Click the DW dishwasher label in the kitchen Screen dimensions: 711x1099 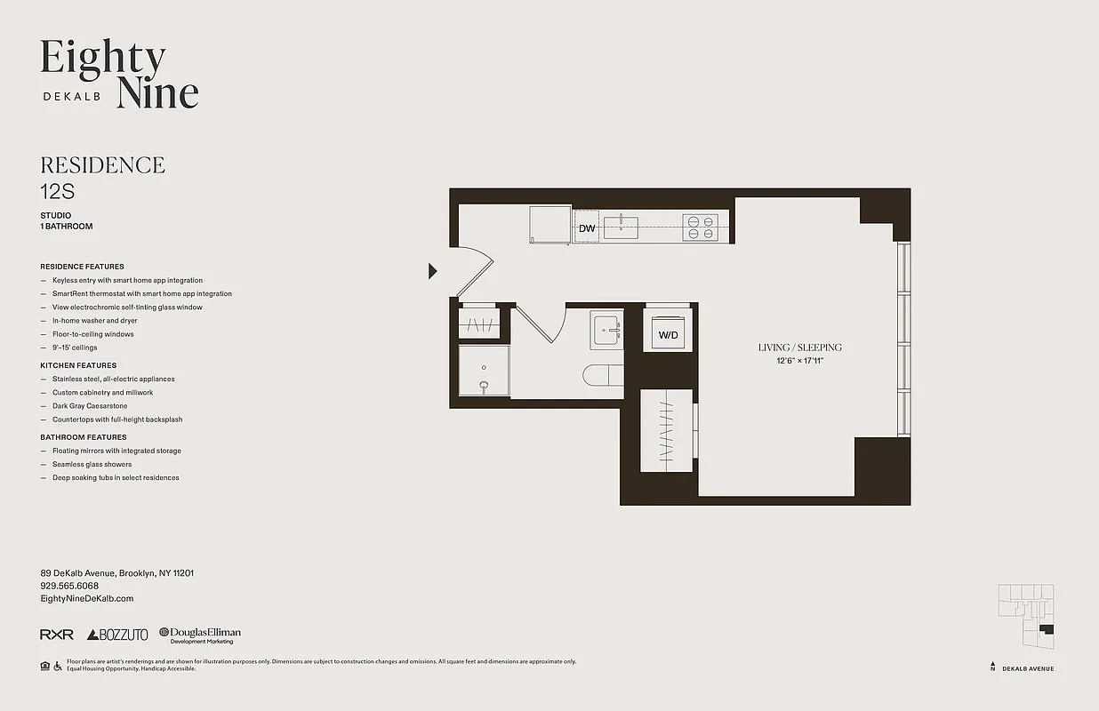587,228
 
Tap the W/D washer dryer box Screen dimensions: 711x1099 667,335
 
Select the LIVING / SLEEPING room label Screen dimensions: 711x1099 799,348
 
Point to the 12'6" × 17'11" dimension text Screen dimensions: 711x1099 799,360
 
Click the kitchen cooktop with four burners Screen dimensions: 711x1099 700,228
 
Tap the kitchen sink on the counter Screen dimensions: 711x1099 622,228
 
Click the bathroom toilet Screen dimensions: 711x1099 602,375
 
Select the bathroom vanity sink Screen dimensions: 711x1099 606,329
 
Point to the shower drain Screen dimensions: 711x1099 485,386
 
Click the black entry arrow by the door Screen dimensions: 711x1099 433,271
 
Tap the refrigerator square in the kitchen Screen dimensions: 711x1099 549,225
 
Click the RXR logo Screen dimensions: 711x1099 57,635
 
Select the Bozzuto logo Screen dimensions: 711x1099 117,635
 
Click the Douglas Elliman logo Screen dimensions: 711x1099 200,635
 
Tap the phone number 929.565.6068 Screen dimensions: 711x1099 69,587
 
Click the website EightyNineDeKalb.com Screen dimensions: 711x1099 86,599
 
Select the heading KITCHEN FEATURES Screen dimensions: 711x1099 78,365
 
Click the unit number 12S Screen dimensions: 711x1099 57,189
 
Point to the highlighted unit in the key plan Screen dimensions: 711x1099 1047,629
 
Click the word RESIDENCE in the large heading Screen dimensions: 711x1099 102,165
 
